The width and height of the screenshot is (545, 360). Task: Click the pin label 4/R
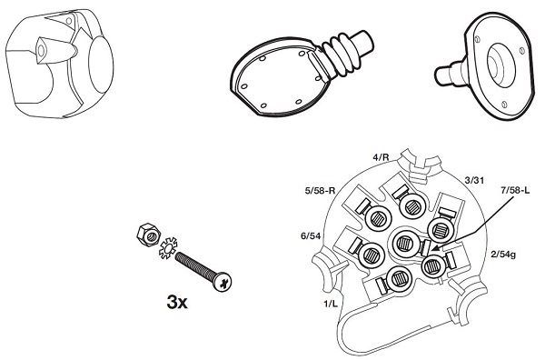pos(381,157)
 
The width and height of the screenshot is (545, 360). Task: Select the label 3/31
pos(474,180)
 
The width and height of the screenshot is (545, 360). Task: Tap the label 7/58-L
pos(515,191)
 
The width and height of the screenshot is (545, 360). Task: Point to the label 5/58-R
pos(320,191)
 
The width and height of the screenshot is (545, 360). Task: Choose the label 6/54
pos(311,236)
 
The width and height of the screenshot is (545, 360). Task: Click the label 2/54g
pos(503,255)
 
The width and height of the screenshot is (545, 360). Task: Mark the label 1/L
pos(331,304)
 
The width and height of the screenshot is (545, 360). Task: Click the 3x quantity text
pos(177,302)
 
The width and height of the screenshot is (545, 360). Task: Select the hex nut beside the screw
pos(149,235)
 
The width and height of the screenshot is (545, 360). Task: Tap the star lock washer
pos(168,247)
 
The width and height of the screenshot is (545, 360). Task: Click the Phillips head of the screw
pos(223,282)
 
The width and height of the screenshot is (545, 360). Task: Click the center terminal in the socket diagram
pos(403,243)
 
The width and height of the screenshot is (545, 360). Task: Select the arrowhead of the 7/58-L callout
pos(434,247)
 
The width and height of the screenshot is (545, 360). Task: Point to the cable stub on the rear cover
pos(448,73)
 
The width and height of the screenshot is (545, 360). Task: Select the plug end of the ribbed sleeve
pos(362,44)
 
